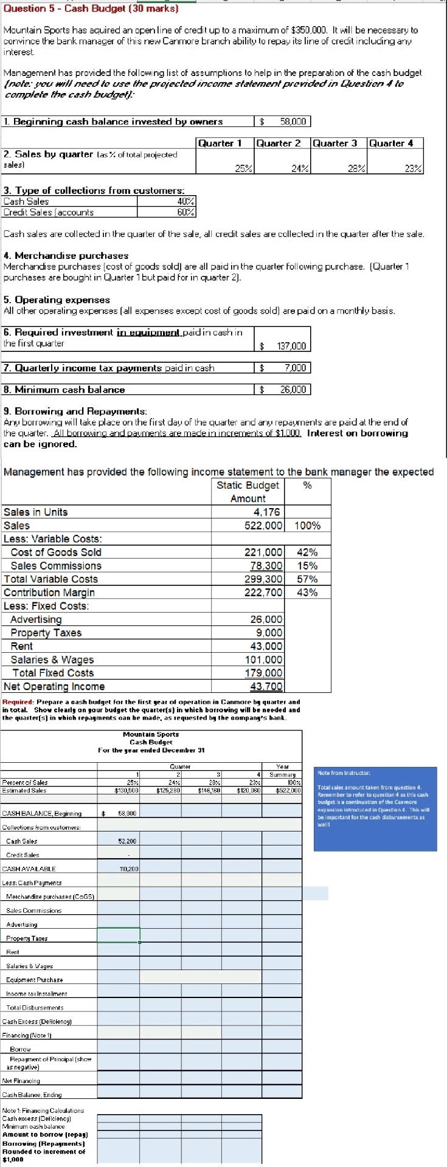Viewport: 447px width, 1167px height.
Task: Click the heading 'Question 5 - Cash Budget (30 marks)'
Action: (91, 9)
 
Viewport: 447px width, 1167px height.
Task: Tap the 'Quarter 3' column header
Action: (334, 143)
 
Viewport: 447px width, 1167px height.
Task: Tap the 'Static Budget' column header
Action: (248, 485)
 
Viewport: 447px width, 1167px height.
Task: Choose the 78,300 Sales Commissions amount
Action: (266, 565)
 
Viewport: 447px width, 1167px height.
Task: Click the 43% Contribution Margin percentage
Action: (307, 592)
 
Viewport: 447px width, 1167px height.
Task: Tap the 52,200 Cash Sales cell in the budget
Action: (128, 841)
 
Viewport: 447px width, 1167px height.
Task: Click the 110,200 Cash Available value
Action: (128, 869)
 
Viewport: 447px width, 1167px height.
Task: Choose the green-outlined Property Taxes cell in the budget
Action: (119, 935)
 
